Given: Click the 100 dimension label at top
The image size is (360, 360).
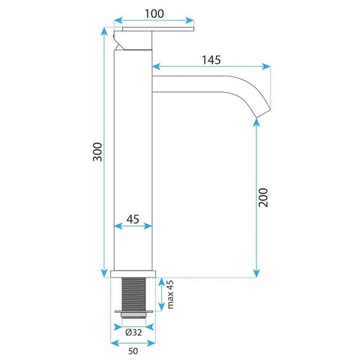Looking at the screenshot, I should pos(154,13).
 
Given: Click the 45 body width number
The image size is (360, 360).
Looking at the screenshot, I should pos(132,220).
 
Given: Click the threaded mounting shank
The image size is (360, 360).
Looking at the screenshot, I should pos(133,292).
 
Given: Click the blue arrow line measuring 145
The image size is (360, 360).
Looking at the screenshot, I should pos(212,67).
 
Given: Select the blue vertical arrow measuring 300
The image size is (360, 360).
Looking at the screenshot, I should pos(102,153).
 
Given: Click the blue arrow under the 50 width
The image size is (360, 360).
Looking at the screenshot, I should pos(133,343).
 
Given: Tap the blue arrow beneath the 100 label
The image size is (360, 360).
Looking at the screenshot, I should pos(154,22).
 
